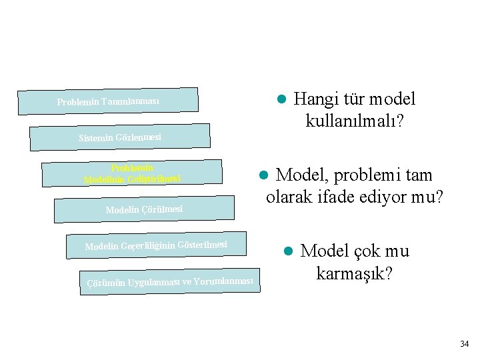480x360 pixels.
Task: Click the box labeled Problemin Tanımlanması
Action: (108, 101)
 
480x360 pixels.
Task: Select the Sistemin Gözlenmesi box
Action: (120, 137)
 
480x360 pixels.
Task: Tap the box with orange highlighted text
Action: (132, 173)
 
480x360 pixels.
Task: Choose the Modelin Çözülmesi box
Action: (144, 209)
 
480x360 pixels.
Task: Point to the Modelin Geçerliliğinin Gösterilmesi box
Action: (156, 245)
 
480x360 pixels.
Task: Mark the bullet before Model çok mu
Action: (288, 252)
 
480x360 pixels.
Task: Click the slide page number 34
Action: (464, 344)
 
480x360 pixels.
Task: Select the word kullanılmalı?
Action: (357, 121)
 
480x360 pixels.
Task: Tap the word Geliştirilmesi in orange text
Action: (154, 178)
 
